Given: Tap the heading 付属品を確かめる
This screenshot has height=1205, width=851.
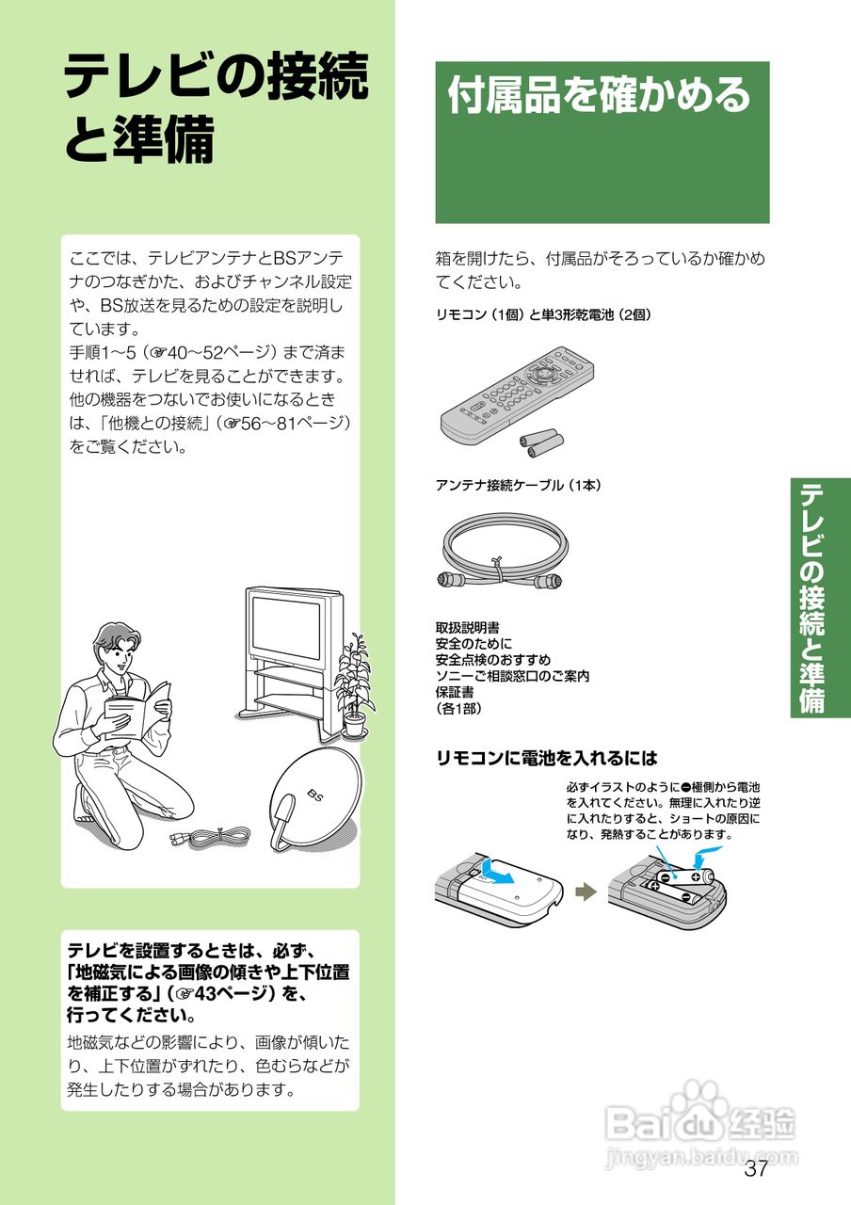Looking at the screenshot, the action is click(599, 95).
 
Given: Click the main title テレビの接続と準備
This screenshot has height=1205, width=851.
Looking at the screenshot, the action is click(217, 107).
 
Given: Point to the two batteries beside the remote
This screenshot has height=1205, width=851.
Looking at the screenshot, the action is click(541, 443).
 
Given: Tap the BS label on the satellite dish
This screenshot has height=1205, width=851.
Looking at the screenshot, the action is click(315, 795).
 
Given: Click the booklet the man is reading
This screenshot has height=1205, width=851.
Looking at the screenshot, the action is click(137, 707).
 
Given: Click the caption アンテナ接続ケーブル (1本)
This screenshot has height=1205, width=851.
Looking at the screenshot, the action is click(519, 485).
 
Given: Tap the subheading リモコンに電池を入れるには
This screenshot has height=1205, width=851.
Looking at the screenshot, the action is click(547, 758).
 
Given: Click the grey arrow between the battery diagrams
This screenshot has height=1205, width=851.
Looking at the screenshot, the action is click(586, 892).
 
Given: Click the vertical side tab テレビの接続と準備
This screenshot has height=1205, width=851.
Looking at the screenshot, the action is click(812, 598).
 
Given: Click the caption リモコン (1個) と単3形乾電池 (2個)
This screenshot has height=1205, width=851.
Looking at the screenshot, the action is click(543, 314).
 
